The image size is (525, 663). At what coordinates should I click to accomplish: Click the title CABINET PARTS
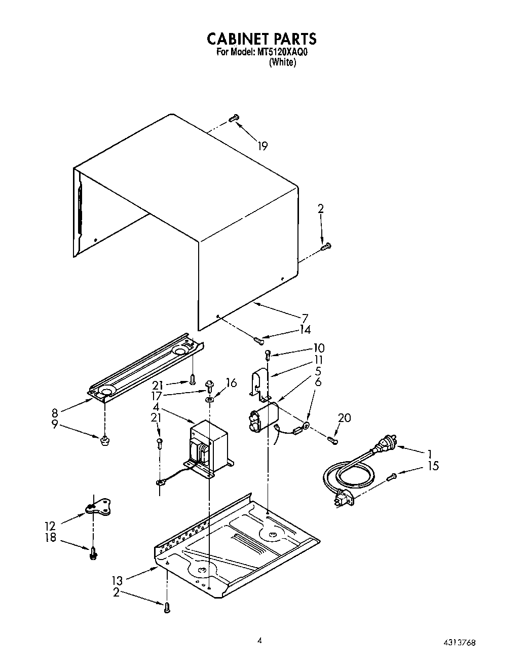[262, 39]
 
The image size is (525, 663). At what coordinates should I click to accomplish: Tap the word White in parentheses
[282, 62]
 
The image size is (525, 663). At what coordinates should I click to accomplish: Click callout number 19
[262, 146]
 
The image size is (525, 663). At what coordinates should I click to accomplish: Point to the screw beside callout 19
[233, 118]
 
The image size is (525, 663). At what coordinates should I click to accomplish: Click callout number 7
[305, 319]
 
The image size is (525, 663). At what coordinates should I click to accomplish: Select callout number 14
[305, 329]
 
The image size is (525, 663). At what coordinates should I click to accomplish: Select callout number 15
[433, 466]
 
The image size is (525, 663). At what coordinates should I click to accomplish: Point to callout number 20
[344, 418]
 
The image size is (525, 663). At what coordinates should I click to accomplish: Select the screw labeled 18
[93, 553]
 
